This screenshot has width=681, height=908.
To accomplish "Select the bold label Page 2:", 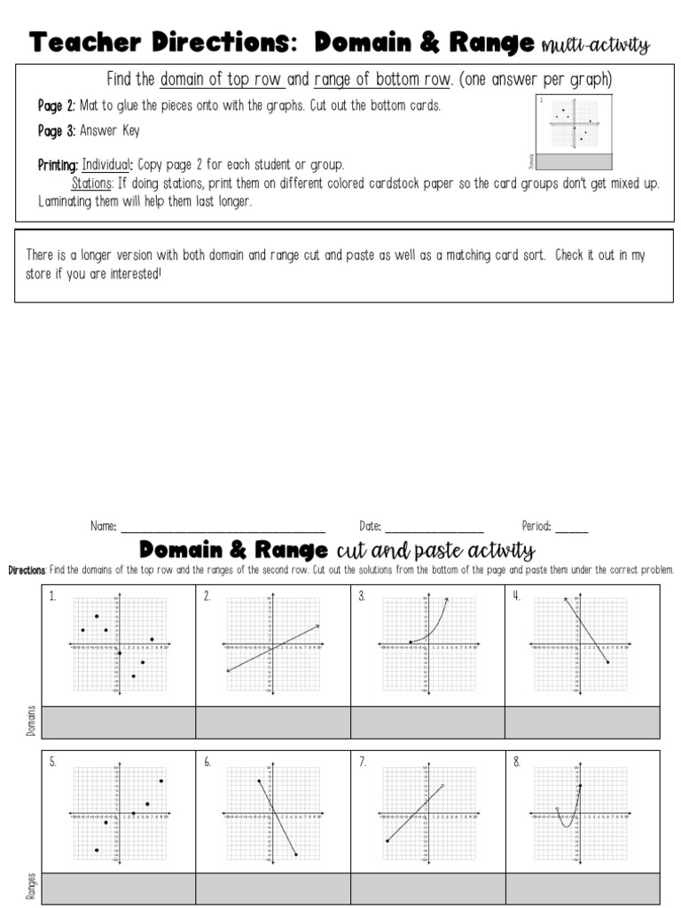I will (57, 106).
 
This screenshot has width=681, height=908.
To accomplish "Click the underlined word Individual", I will (107, 165).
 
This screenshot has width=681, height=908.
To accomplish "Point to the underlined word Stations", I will (91, 183).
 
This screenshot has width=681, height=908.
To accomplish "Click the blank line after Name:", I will (223, 527).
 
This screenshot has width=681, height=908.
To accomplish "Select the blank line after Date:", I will (434, 527).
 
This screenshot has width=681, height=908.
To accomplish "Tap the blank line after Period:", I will (571, 527).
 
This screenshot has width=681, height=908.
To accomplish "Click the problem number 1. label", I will (52, 597).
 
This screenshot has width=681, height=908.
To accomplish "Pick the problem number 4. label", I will (516, 596).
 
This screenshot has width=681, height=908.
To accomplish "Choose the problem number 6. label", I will (207, 763).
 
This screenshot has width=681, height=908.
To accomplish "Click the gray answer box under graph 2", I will (273, 722).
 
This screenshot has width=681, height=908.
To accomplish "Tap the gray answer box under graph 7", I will (427, 888).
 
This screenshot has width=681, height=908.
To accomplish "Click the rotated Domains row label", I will (31, 722).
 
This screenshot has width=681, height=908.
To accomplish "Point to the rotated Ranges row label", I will (31, 887).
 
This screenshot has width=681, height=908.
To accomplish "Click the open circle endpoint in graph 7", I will (442, 786).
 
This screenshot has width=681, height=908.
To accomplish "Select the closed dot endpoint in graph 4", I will (607, 662).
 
